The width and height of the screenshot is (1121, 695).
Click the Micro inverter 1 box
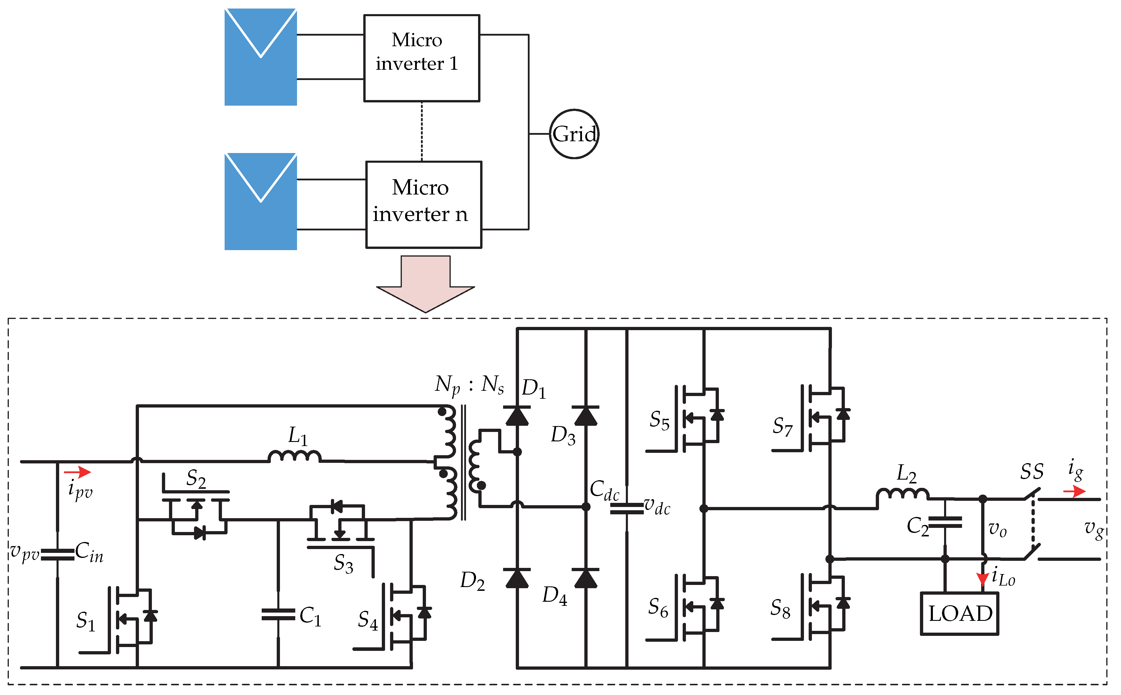click(x=421, y=58)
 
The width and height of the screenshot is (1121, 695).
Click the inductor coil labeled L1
click(x=294, y=456)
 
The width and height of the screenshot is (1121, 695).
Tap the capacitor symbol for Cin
click(x=57, y=555)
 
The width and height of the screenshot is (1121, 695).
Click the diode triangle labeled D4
click(x=585, y=578)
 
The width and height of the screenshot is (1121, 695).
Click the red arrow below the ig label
click(x=1074, y=492)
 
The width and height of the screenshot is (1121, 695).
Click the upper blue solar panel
click(x=260, y=57)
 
